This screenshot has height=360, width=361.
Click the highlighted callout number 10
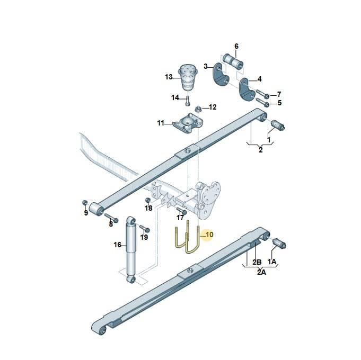click(x=209, y=235)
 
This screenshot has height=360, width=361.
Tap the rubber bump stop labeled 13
click(x=188, y=77)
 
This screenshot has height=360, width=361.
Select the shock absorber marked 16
click(x=131, y=249)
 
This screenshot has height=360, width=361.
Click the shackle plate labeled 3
click(x=221, y=75)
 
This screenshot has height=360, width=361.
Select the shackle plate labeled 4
click(x=247, y=89)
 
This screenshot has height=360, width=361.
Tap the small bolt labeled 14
click(x=188, y=101)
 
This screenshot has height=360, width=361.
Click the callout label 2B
click(x=257, y=262)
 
